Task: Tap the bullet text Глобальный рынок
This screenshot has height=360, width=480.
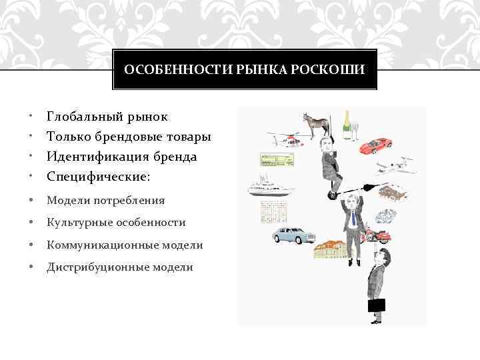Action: coord(107,117)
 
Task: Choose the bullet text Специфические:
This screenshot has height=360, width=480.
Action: coord(99,177)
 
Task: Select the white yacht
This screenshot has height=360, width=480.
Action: coord(270,187)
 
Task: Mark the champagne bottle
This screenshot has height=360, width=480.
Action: coord(347,123)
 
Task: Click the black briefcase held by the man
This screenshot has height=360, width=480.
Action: coord(377,305)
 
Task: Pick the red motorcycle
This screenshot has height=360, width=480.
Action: coord(380,235)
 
